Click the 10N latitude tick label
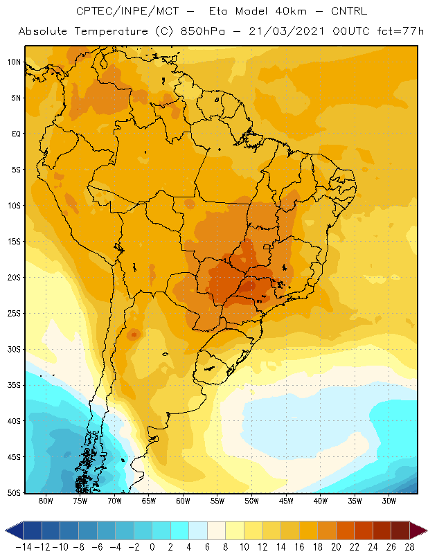click(14, 62)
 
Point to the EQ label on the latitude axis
click(16, 134)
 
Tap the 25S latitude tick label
click(14, 314)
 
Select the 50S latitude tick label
click(14, 492)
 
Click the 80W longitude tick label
click(46, 501)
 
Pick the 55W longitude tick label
click(217, 501)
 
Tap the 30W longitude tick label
click(389, 501)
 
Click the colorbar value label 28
click(409, 547)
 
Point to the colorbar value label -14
click(24, 547)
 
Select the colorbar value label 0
click(152, 547)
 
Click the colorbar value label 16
click(299, 547)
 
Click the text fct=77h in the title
click(400, 31)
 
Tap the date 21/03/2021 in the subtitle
click(287, 31)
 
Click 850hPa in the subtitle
click(202, 31)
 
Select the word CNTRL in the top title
click(349, 11)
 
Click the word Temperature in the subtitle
click(111, 31)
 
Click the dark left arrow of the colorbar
click(14, 530)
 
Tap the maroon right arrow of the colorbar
click(418, 530)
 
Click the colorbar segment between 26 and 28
click(400, 530)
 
